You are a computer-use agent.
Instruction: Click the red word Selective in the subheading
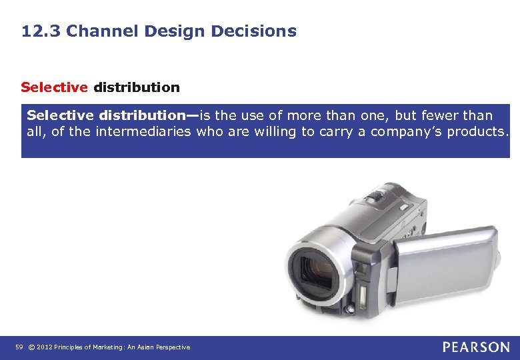pyautogui.click(x=54, y=87)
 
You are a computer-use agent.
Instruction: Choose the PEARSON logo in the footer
pyautogui.click(x=475, y=347)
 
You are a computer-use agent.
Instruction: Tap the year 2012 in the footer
pyautogui.click(x=44, y=347)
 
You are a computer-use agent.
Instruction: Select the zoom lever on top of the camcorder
pyautogui.click(x=378, y=195)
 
